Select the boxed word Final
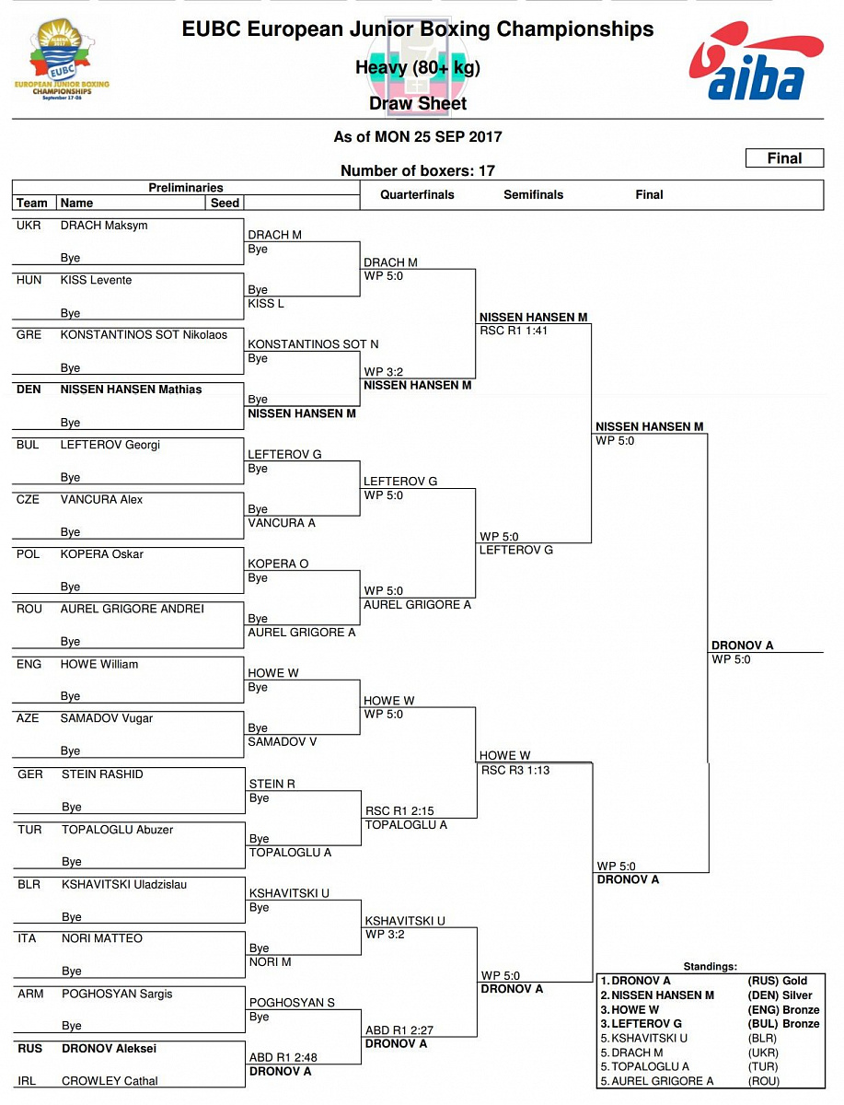[784, 158]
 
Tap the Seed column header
[225, 203]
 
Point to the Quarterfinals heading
[417, 194]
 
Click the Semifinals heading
[533, 194]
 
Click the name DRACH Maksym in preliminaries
[104, 226]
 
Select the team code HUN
[29, 280]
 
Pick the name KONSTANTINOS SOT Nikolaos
[144, 334]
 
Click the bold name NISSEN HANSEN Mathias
[131, 390]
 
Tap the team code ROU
[29, 609]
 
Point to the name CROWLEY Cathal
[110, 1081]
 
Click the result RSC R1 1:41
[514, 331]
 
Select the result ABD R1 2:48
[282, 1057]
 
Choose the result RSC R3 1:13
[514, 770]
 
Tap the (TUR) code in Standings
[763, 1066]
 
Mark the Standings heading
[710, 966]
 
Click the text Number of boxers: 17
[418, 170]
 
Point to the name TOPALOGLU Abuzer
[117, 830]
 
